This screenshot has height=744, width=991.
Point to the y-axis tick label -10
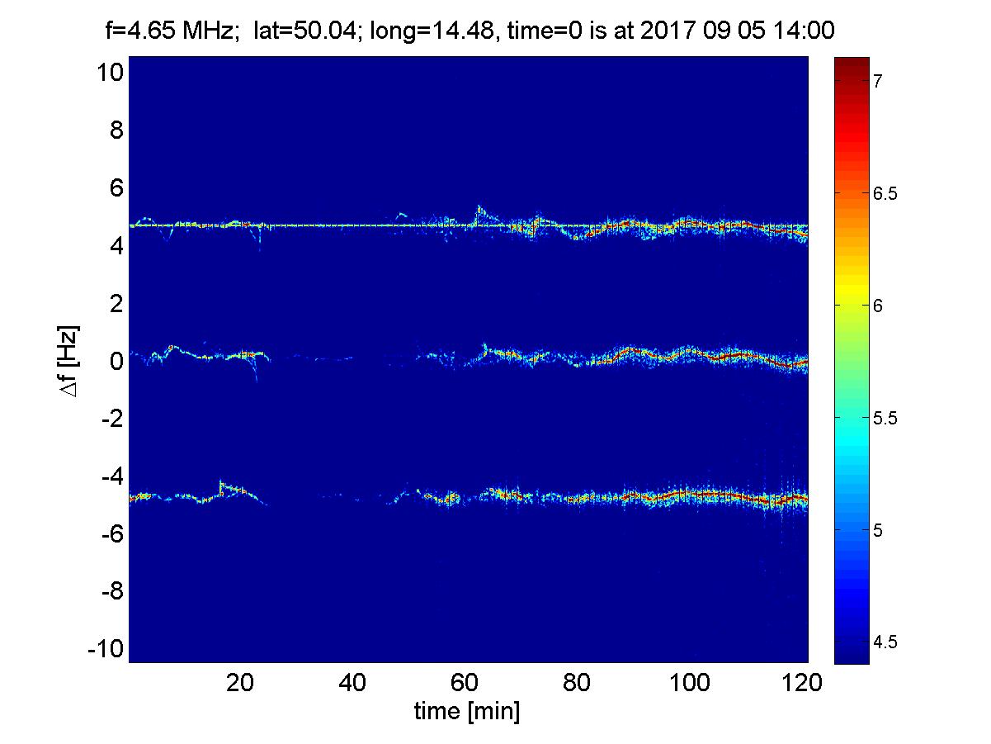(106, 649)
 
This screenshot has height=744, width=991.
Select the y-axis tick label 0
(116, 361)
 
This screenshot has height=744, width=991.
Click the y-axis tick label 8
(116, 130)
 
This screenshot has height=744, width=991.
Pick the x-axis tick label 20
(240, 684)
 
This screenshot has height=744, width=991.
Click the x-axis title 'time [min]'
(467, 712)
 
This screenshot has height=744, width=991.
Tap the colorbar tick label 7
(879, 81)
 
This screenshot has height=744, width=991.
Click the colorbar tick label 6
(879, 306)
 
